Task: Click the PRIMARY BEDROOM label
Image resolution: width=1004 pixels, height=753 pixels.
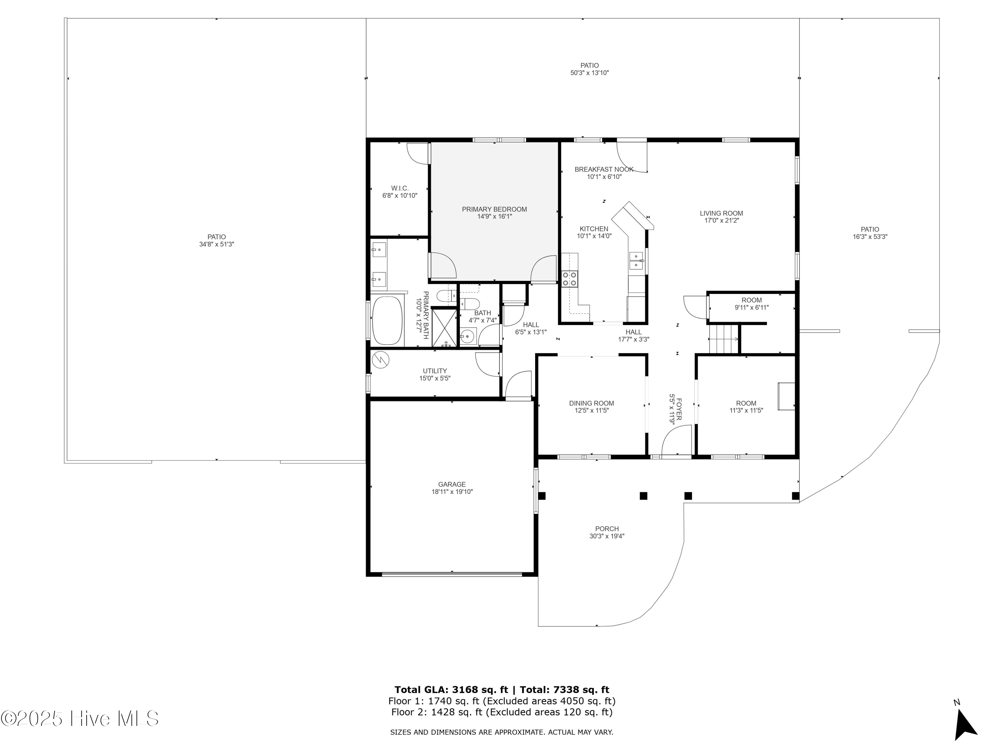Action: [x=494, y=209]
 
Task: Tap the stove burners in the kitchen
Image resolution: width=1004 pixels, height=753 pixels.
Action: [x=570, y=279]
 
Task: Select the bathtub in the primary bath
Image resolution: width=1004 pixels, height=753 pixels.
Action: [x=387, y=321]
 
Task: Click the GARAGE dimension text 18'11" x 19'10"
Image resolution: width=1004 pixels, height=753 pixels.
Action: [x=452, y=492]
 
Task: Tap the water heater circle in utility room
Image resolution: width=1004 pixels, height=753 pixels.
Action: [x=381, y=360]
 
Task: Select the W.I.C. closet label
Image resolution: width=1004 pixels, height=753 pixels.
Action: [x=399, y=188]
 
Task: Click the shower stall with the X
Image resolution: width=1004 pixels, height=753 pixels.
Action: [x=444, y=328]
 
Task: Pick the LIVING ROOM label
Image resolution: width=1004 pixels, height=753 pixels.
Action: [x=721, y=213]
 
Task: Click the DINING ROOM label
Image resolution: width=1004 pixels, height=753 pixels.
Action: [x=591, y=403]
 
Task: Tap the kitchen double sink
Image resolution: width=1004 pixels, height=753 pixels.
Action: [x=636, y=260]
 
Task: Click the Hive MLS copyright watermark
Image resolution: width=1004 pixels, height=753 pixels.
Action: [x=80, y=719]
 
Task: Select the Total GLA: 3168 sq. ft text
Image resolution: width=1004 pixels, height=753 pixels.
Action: [x=451, y=690]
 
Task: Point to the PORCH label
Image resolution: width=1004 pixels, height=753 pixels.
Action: [x=607, y=529]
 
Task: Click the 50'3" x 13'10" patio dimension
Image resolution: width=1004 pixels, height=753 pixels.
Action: [x=589, y=73]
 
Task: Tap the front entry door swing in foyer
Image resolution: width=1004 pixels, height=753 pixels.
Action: [x=676, y=440]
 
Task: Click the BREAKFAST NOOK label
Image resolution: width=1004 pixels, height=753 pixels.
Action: [x=604, y=169]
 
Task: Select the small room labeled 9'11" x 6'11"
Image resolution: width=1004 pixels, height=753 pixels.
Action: [x=752, y=304]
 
